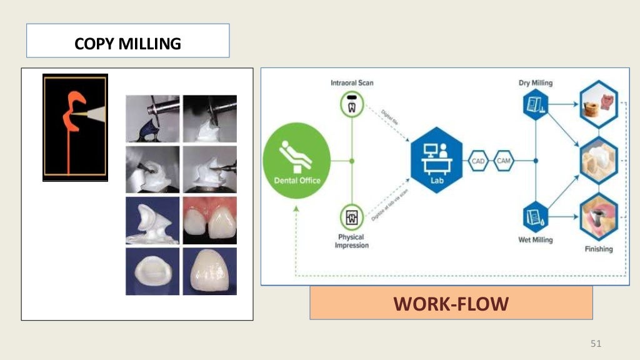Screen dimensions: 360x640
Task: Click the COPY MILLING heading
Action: click(x=127, y=44)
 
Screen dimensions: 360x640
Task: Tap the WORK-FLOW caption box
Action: click(x=451, y=304)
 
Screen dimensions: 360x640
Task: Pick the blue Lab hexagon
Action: click(x=437, y=160)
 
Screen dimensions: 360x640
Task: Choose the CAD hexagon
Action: click(x=478, y=161)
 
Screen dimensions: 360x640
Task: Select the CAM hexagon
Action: click(x=504, y=161)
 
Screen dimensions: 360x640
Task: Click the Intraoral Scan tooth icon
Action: click(x=351, y=103)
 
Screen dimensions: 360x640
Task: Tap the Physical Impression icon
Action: click(x=351, y=218)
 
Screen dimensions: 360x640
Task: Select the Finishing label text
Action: click(x=598, y=249)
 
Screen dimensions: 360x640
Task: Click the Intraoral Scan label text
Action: click(x=352, y=82)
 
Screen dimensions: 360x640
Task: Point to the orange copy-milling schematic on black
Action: click(x=75, y=127)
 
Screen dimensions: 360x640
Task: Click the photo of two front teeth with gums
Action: click(x=209, y=221)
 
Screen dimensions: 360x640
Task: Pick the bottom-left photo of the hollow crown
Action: click(x=152, y=271)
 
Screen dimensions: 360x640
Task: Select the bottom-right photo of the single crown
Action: click(x=209, y=271)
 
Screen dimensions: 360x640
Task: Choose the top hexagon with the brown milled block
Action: click(x=598, y=104)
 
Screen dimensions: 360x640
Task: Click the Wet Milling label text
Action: click(x=536, y=240)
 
